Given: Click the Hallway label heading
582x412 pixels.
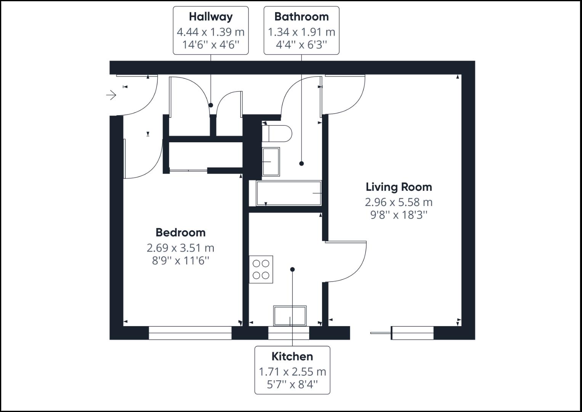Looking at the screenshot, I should click(x=210, y=17).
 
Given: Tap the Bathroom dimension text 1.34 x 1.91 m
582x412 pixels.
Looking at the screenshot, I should click(x=301, y=32).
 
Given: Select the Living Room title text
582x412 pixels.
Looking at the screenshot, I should click(x=399, y=187).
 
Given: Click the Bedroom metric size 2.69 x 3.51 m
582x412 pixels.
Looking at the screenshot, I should click(x=180, y=248).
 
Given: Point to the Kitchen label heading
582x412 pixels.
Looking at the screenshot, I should click(x=292, y=356).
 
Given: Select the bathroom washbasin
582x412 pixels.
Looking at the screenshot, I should click(x=271, y=162).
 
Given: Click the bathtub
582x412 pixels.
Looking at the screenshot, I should click(x=289, y=193).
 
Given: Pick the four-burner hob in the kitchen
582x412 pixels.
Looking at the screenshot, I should click(x=261, y=269).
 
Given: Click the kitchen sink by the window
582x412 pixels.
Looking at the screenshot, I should click(x=290, y=316).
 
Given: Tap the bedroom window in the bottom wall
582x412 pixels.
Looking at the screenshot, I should click(x=190, y=333).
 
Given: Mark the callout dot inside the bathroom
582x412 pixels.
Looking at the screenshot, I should click(x=301, y=163).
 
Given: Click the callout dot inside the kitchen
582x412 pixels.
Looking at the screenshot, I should click(x=292, y=269).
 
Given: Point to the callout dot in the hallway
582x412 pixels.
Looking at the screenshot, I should click(x=211, y=105).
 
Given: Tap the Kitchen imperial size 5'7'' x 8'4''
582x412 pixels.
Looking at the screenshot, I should click(x=292, y=385).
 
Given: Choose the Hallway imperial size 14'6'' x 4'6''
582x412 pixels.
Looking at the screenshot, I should click(x=210, y=45).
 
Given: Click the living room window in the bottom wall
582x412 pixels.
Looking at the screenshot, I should click(x=412, y=333).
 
